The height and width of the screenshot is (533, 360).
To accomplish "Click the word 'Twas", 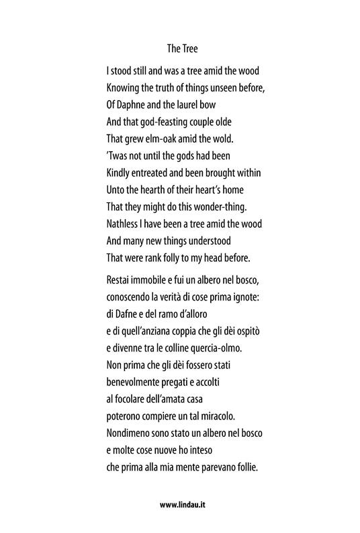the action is click(x=119, y=157).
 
